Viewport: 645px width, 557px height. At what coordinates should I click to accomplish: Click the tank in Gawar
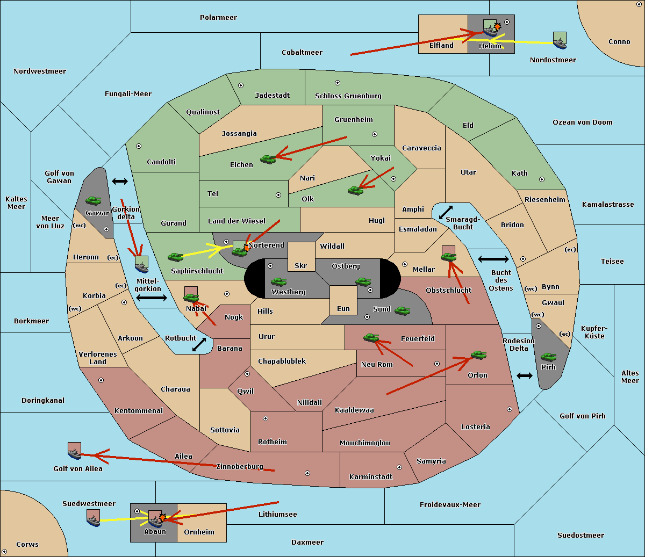pos(94,200)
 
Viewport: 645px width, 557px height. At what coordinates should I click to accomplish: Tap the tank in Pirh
pos(548,357)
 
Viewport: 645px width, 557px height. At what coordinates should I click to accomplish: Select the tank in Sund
pos(402,310)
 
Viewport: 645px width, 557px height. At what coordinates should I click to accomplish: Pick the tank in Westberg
pos(278,282)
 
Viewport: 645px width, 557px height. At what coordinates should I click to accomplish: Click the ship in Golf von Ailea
pos(75,451)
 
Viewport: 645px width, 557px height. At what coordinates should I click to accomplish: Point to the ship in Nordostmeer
pos(560,40)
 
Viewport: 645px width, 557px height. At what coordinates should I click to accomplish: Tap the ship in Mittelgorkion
pos(142,264)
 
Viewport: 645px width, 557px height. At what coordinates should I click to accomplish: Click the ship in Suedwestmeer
pos(94,518)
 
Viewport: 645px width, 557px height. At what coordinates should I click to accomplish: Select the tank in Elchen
pos(268,160)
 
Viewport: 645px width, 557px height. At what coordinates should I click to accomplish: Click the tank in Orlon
pos(479,355)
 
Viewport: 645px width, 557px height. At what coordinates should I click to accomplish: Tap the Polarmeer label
pos(218,18)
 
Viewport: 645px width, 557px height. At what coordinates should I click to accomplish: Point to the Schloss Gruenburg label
pos(348,96)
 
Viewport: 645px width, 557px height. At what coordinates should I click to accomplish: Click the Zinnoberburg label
pos(240,467)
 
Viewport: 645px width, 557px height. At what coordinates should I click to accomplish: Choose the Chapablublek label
pos(282,361)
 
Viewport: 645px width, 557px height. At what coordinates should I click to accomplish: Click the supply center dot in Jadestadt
pos(241,85)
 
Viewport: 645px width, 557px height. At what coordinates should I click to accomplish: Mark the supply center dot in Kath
pos(542,179)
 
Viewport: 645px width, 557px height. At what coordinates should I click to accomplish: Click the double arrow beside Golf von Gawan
pos(120,181)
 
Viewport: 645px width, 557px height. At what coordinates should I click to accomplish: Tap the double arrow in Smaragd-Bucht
pos(446,212)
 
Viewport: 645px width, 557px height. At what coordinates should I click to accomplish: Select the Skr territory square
pos(301,257)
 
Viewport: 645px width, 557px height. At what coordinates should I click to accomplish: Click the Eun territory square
pos(343,300)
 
